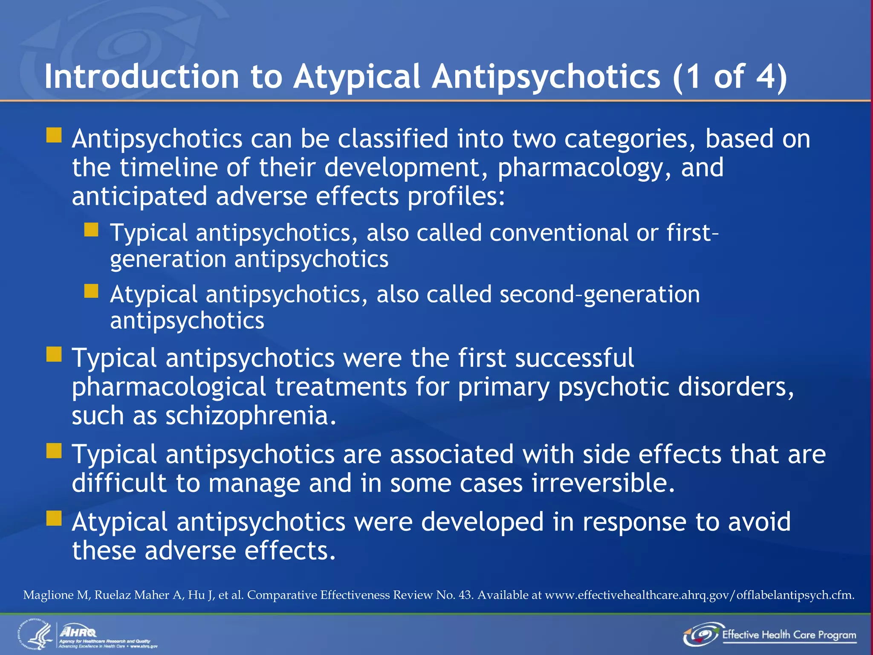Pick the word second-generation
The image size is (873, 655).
click(x=599, y=295)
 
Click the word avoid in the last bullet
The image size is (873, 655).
click(x=759, y=522)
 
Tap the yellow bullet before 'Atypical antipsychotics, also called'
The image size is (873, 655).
click(x=91, y=291)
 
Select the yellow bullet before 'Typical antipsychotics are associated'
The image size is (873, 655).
click(x=54, y=451)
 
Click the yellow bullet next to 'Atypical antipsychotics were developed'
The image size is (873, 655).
click(x=54, y=519)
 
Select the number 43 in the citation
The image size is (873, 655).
click(x=465, y=595)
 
